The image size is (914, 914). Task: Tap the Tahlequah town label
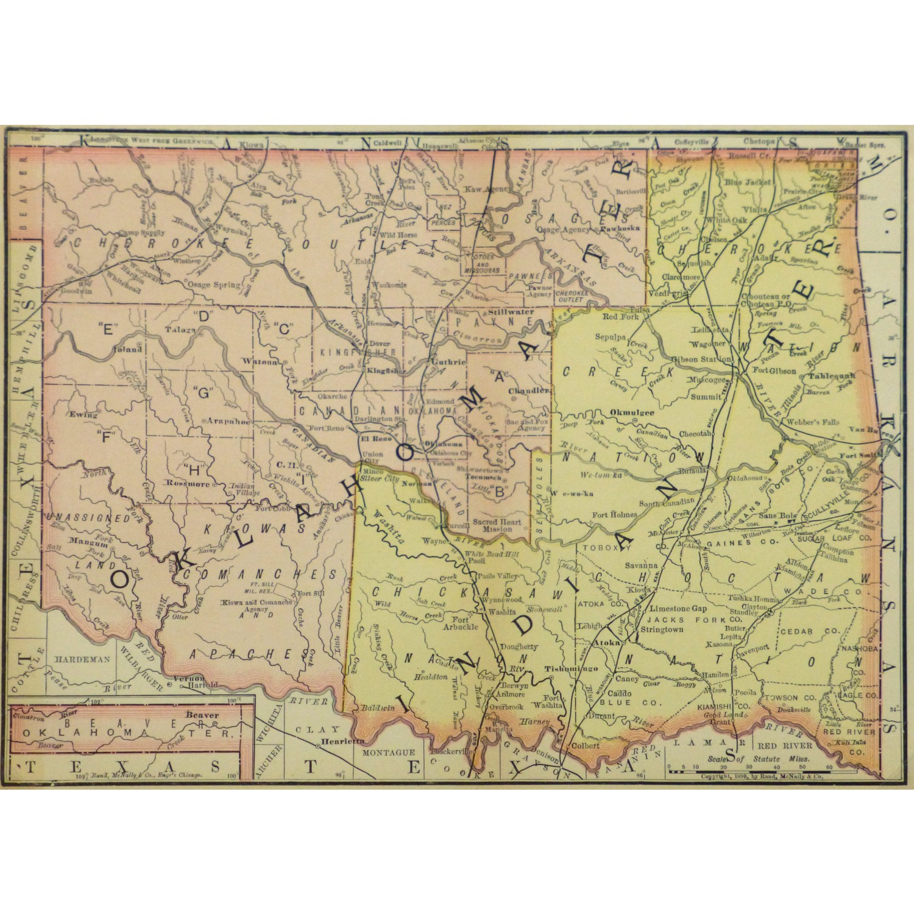coord(832,376)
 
